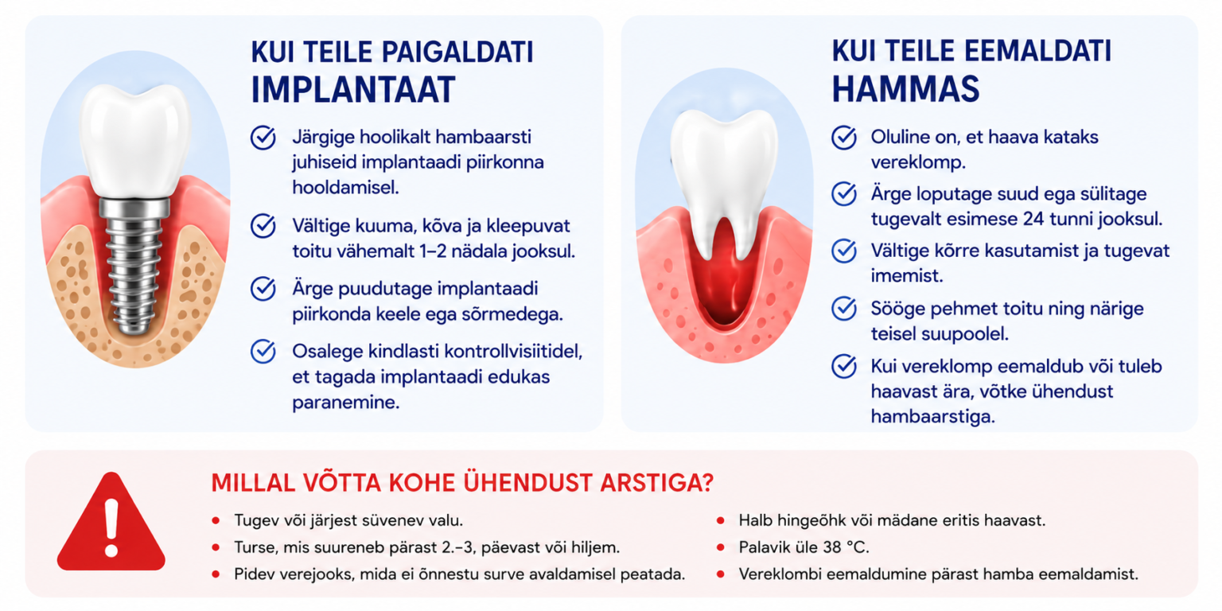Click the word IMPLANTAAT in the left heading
pyautogui.click(x=353, y=89)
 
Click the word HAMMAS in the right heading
pyautogui.click(x=905, y=89)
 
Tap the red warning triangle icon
pyautogui.click(x=111, y=523)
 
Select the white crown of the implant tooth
pyautogui.click(x=134, y=140)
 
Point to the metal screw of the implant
pyautogui.click(x=134, y=267)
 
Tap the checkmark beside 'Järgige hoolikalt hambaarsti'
pyautogui.click(x=263, y=138)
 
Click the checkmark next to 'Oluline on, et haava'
pyautogui.click(x=844, y=138)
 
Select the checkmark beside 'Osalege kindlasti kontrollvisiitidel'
pyautogui.click(x=263, y=352)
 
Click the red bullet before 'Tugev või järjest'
pyautogui.click(x=216, y=520)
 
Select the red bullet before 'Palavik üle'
pyautogui.click(x=720, y=547)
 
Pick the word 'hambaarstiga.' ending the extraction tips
pyautogui.click(x=933, y=417)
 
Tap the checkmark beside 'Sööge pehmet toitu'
pyautogui.click(x=844, y=309)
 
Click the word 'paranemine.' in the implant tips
pyautogui.click(x=346, y=403)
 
